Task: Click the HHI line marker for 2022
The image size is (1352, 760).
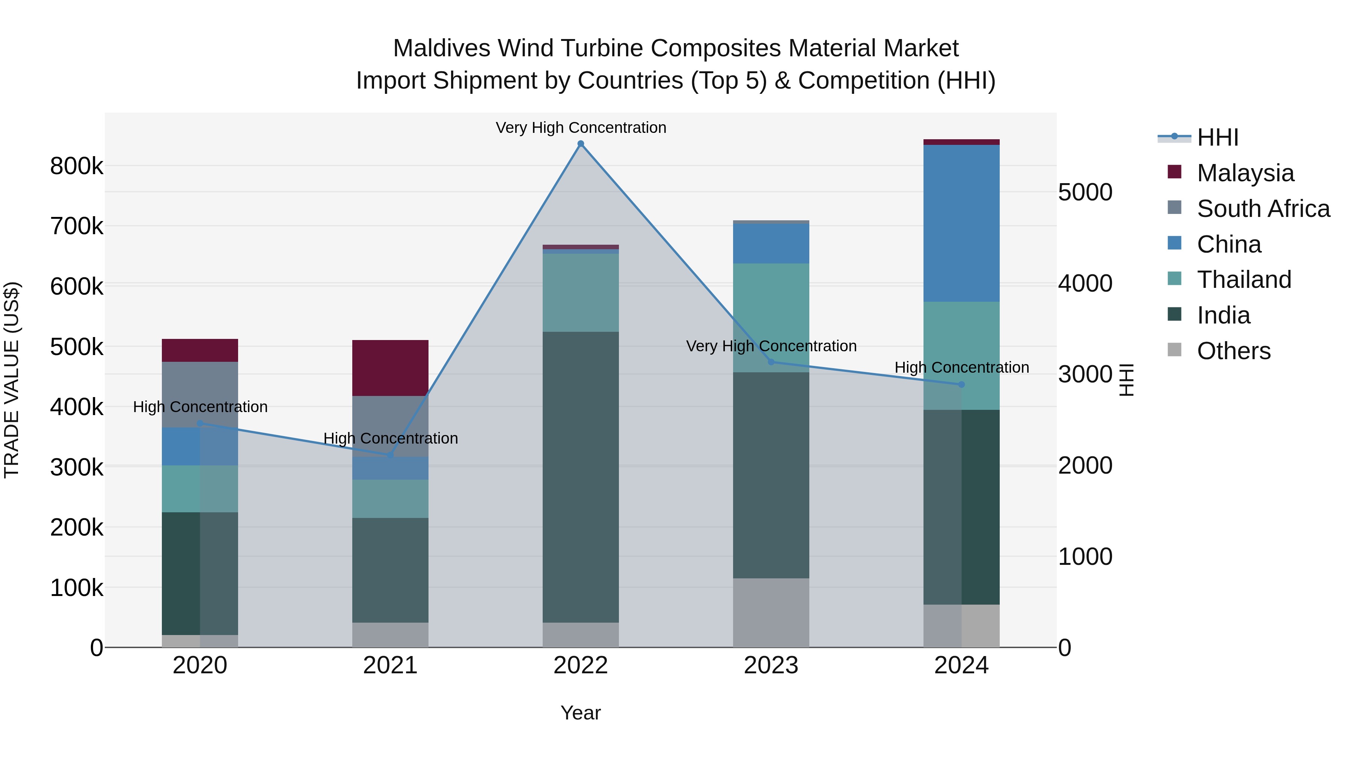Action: pos(581,144)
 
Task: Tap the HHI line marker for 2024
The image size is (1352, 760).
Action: pos(961,384)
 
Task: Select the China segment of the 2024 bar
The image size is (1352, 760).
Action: pos(961,223)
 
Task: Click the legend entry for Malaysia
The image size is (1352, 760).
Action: pos(1245,173)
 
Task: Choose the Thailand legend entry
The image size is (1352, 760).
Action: pos(1243,280)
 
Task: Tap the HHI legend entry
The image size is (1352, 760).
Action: pos(1217,137)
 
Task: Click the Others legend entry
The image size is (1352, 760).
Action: pos(1233,351)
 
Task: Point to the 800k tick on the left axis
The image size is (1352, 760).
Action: pos(77,166)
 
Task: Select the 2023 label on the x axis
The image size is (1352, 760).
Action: pos(771,665)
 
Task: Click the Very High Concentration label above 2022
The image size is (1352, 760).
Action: pos(581,128)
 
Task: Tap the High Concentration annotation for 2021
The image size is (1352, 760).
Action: pos(390,438)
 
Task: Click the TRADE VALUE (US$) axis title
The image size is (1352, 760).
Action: pos(12,380)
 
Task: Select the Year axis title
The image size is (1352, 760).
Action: pos(581,713)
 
